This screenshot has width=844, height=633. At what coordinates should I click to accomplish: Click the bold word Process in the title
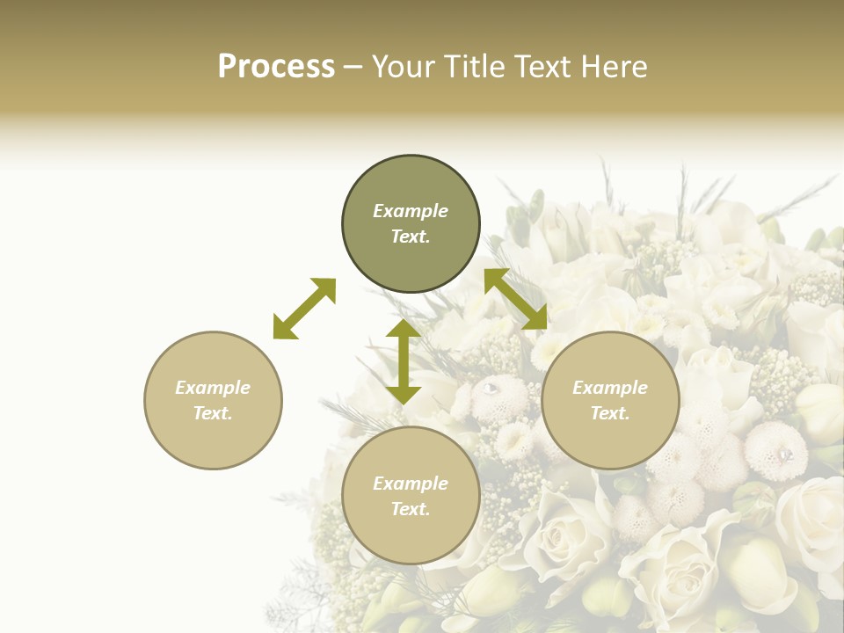[276, 67]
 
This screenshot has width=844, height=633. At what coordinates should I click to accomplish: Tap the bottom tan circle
[411, 536]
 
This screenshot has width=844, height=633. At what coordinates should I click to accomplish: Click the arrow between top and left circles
[304, 309]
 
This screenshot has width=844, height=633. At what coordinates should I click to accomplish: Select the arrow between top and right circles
[515, 299]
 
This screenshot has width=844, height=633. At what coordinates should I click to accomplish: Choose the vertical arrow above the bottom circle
[404, 361]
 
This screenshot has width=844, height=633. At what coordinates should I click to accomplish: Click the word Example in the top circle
[411, 211]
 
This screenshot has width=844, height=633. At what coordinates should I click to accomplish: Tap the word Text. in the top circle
[411, 236]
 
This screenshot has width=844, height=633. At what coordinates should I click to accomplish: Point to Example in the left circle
[213, 388]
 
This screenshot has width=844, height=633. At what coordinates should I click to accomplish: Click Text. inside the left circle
[213, 413]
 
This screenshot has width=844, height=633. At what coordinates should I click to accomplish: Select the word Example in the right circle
[610, 388]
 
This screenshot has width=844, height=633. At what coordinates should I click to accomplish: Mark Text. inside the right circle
[610, 413]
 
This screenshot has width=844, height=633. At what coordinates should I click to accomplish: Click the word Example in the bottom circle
[411, 484]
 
